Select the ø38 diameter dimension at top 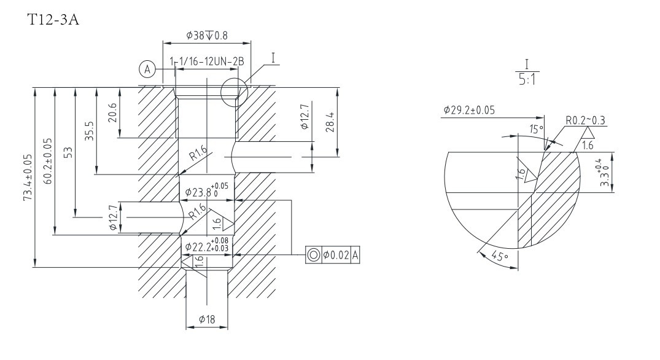(206, 36)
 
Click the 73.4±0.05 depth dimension (28, 178)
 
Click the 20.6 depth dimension (112, 113)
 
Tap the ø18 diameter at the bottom (207, 319)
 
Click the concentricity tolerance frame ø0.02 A (332, 254)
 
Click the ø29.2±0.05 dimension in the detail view (470, 111)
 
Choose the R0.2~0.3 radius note (586, 120)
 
